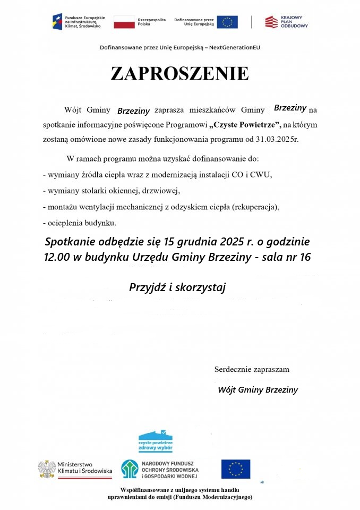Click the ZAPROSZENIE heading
pos(179,74)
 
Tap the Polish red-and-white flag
pos(124,22)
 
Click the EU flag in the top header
pos(227,22)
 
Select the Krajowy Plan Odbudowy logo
pos(287,22)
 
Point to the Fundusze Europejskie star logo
pos(57,21)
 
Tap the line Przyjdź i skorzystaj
pos(178,287)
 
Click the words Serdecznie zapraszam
pos(252,369)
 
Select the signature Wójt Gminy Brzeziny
pos(258,390)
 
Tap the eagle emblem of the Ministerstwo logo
pos(47,469)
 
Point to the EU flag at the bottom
pos(235,469)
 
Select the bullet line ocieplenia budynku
pos(80,222)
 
